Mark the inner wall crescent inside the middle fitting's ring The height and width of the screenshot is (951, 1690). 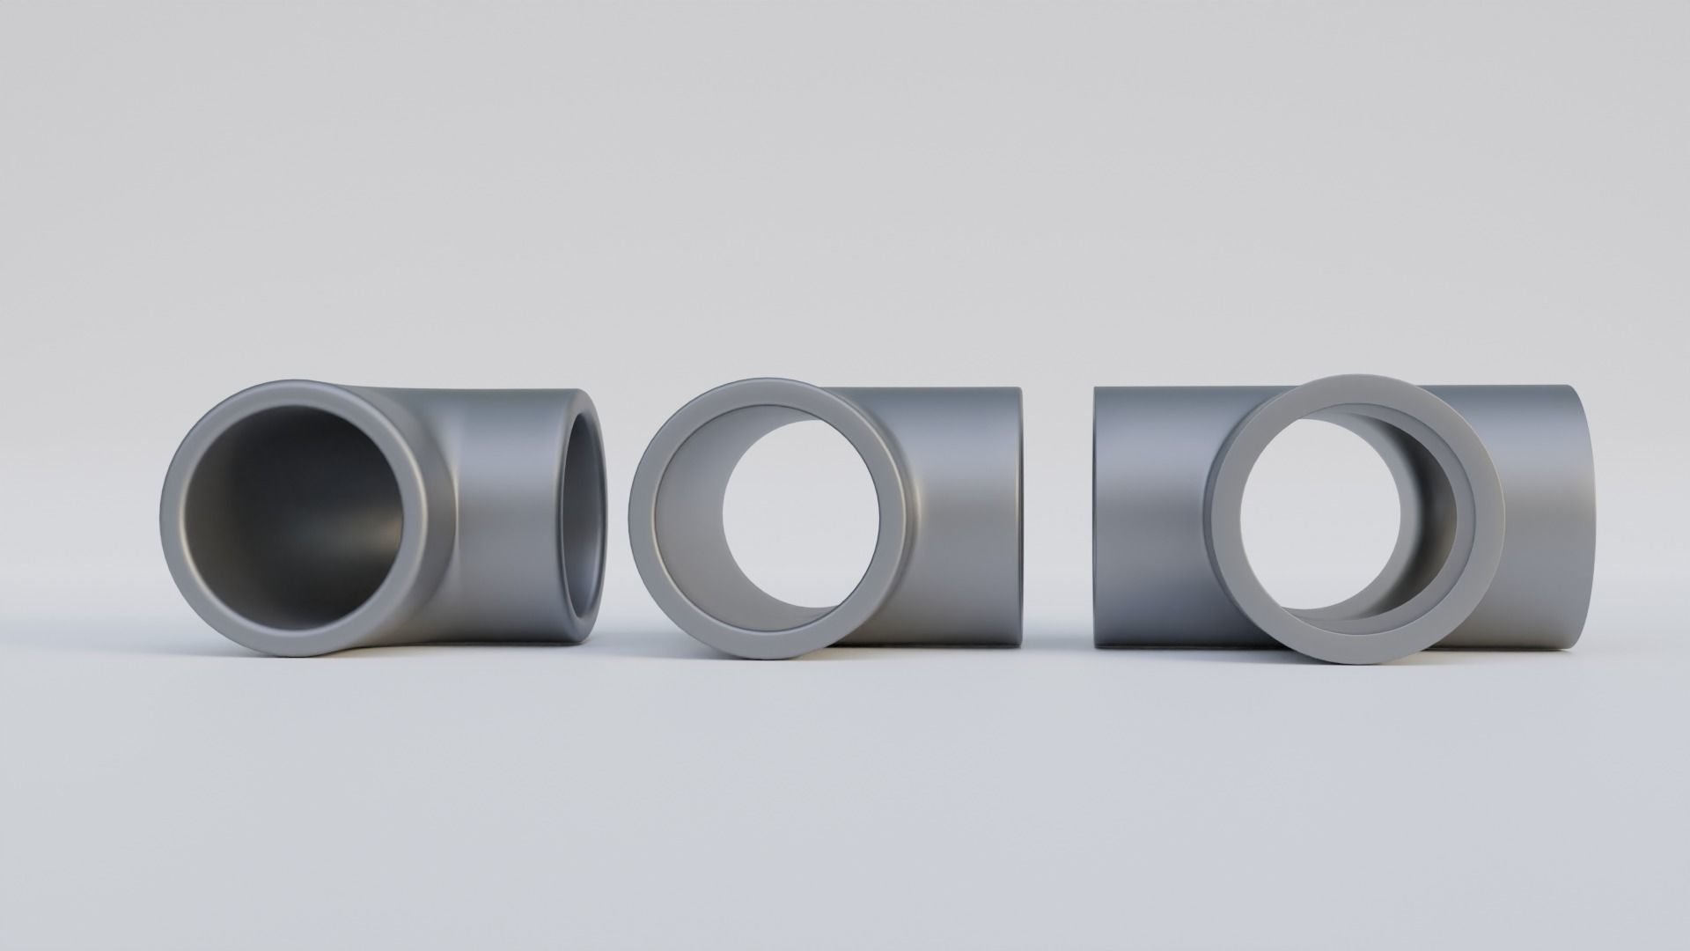tap(682, 520)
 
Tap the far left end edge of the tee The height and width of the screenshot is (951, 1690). tap(1095, 520)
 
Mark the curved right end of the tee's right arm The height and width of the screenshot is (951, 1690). tap(1593, 520)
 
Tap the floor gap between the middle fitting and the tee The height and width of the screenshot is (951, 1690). tap(1056, 669)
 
